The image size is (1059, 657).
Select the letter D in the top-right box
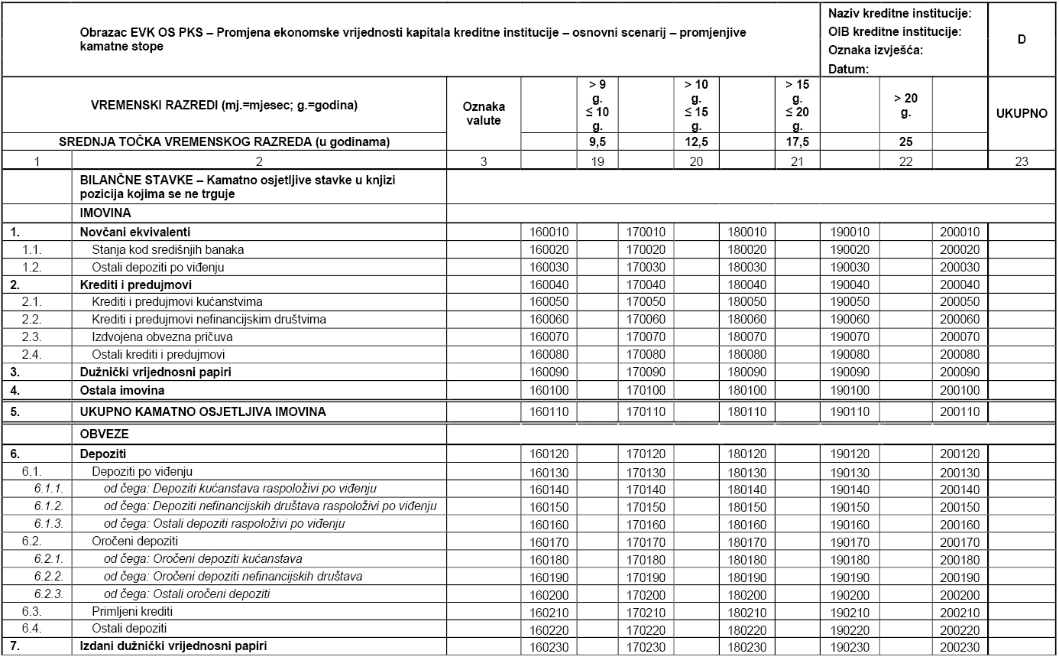(x=1022, y=39)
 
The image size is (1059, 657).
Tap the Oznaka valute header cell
(x=484, y=114)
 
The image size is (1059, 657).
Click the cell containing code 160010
(x=549, y=233)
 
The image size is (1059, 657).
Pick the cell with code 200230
(x=959, y=646)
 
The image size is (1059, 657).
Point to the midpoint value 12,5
(x=696, y=142)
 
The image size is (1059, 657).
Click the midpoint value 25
(x=905, y=142)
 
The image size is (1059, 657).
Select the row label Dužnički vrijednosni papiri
(x=156, y=372)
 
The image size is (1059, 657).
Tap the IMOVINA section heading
(x=105, y=213)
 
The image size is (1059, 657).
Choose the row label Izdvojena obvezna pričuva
(x=162, y=337)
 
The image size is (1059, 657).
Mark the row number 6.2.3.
(x=49, y=594)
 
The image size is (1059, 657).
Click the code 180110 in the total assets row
(x=747, y=411)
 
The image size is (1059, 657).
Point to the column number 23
(x=1022, y=161)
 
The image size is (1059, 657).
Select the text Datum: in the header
(x=849, y=69)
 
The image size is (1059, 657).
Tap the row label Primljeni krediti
(x=132, y=611)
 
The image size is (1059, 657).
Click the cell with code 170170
(x=646, y=542)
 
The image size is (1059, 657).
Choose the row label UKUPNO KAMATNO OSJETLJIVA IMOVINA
(x=202, y=411)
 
